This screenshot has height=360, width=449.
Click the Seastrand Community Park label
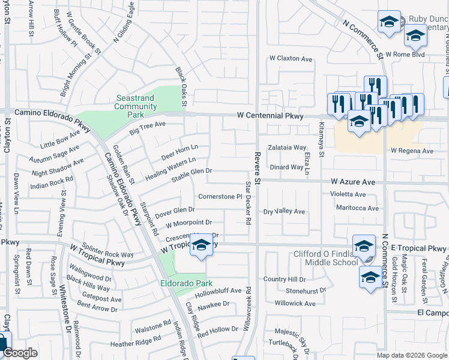(x=136, y=107)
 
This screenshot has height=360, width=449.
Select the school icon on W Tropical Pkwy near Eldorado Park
(x=202, y=245)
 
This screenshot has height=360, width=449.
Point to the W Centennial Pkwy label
(x=271, y=115)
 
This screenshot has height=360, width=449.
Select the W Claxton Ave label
(x=291, y=59)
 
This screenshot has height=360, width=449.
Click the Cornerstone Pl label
(x=220, y=197)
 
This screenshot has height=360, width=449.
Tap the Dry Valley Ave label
(x=285, y=212)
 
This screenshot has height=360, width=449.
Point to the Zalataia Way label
(x=287, y=147)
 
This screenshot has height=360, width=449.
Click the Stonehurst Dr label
(x=306, y=290)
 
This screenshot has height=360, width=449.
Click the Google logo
(x=20, y=353)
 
